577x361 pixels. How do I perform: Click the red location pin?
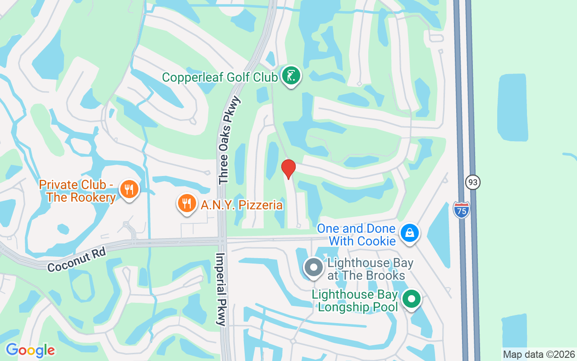[288, 169]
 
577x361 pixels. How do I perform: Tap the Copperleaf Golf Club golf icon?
[291, 75]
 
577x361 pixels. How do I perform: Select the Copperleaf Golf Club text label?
[220, 77]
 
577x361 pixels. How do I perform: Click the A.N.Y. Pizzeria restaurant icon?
[186, 203]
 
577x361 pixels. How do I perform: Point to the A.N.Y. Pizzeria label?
[242, 205]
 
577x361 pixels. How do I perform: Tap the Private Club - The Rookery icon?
[129, 189]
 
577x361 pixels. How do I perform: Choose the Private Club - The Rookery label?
[77, 191]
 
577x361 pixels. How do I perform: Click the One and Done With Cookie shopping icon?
[409, 233]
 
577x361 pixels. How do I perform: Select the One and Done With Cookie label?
[356, 235]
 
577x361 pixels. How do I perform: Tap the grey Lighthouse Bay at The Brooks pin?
[313, 267]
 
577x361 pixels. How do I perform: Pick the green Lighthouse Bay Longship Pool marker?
[411, 299]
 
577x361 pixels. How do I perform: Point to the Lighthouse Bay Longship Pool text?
[355, 301]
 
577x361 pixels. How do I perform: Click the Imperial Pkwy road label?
[221, 289]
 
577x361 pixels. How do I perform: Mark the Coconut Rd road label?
[76, 260]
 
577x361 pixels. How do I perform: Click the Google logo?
[30, 350]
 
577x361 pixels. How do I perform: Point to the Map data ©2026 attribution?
[539, 354]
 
